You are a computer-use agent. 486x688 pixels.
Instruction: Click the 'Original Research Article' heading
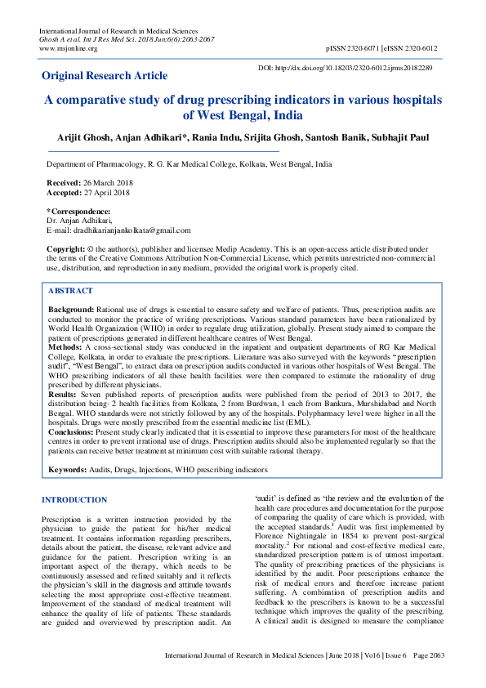[105, 76]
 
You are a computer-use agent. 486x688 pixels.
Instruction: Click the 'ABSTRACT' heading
[70, 291]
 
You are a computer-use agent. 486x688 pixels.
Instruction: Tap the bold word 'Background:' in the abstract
[71, 310]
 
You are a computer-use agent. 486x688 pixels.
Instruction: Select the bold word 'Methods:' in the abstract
[65, 347]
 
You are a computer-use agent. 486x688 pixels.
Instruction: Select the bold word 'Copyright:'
[65, 248]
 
